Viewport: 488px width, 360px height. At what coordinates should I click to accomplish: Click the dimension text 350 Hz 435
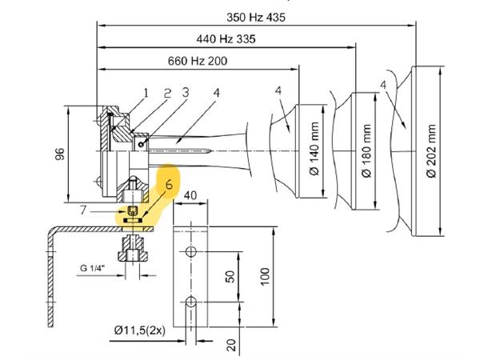point(255,17)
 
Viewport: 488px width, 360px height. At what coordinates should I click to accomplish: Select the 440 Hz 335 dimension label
point(226,39)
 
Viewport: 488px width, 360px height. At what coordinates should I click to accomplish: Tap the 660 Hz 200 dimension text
point(198,61)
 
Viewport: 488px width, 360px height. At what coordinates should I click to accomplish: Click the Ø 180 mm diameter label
point(367,150)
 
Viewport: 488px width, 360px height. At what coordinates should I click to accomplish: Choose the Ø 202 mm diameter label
point(431,150)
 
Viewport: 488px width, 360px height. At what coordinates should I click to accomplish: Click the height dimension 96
point(59,154)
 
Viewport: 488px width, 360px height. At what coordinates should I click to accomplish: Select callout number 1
point(146,93)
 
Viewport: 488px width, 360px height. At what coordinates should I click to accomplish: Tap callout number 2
point(167,93)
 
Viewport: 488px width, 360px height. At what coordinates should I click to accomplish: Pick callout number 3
point(186,92)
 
